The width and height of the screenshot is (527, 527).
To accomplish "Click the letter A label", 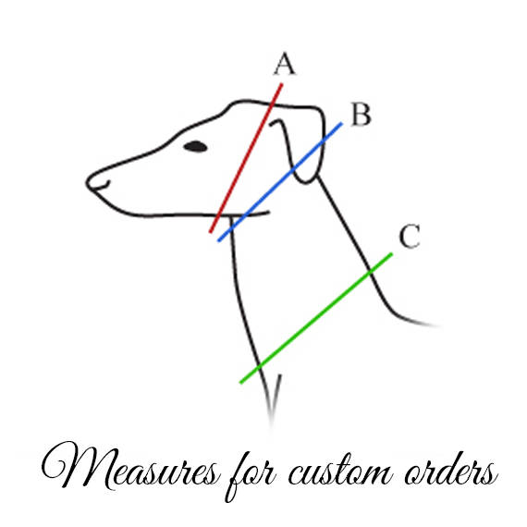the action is tap(285, 64).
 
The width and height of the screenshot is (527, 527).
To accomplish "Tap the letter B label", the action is tap(361, 115).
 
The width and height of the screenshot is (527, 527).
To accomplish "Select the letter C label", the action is tap(410, 236).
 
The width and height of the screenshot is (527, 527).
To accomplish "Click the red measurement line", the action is tap(246, 158).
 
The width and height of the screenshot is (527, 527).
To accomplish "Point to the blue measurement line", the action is tap(280, 182).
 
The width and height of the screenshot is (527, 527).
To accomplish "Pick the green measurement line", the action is tap(316, 318).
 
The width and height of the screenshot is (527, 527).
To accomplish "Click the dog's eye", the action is tap(195, 146).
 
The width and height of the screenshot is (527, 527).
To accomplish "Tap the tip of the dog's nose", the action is tap(87, 182).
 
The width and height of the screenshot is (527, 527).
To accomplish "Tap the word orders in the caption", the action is tap(451, 469).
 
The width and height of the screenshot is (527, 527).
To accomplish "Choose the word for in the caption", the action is tap(251, 474).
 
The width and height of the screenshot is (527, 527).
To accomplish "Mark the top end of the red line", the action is tap(282, 84).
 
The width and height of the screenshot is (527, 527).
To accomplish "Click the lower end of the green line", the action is tap(240, 382).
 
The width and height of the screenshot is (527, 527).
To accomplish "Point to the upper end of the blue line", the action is tap(341, 123).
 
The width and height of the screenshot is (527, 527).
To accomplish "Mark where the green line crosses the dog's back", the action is tap(370, 272).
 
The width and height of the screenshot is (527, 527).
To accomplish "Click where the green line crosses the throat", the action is tap(259, 367).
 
